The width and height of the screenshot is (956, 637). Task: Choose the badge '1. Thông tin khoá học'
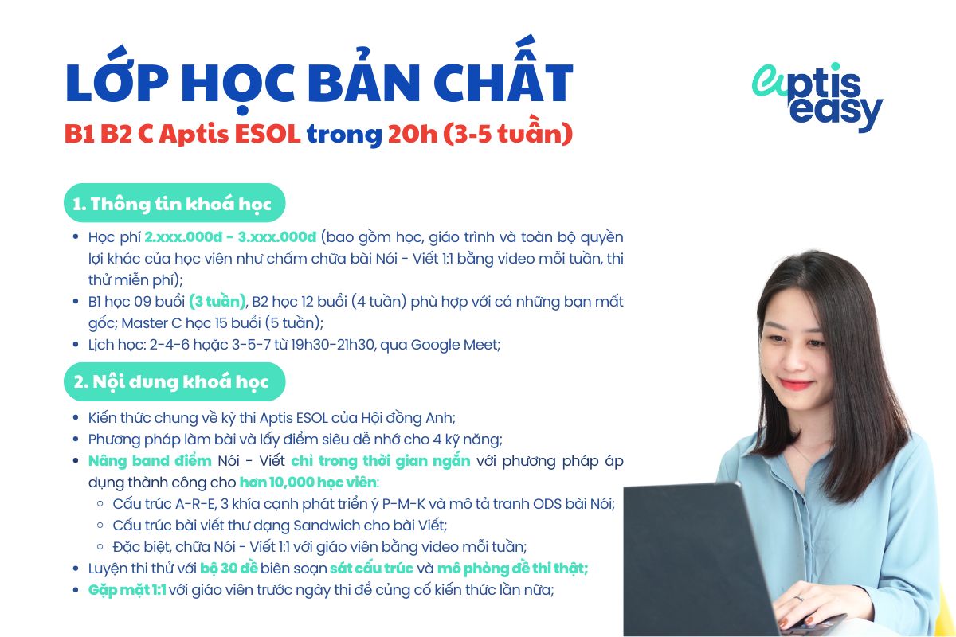click(173, 204)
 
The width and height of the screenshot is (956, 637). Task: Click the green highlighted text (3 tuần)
click(217, 302)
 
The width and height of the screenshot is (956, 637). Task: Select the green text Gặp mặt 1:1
click(127, 590)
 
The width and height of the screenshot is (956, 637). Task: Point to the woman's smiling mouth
click(796, 385)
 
